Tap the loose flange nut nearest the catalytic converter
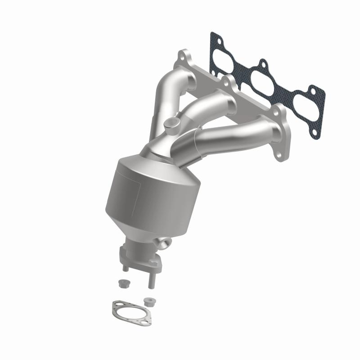click(121, 283)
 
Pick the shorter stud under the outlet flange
click(126, 267)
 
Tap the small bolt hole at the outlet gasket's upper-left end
click(117, 306)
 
